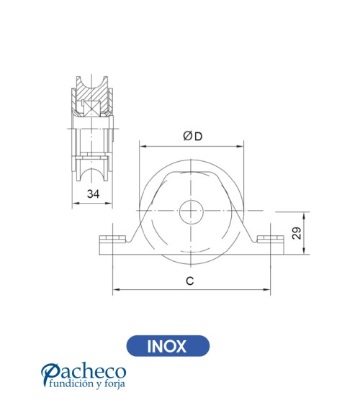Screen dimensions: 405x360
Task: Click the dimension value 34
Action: click(x=93, y=194)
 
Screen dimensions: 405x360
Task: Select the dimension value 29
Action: click(x=295, y=232)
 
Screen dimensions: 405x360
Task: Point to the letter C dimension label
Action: click(x=190, y=281)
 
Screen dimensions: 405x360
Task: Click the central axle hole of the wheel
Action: click(x=192, y=211)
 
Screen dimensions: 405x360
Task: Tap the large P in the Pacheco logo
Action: click(x=51, y=374)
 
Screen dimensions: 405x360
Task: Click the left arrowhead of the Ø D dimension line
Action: click(x=142, y=147)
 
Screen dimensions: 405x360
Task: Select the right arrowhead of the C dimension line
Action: click(x=269, y=291)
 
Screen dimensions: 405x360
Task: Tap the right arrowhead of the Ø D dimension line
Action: click(x=241, y=147)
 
